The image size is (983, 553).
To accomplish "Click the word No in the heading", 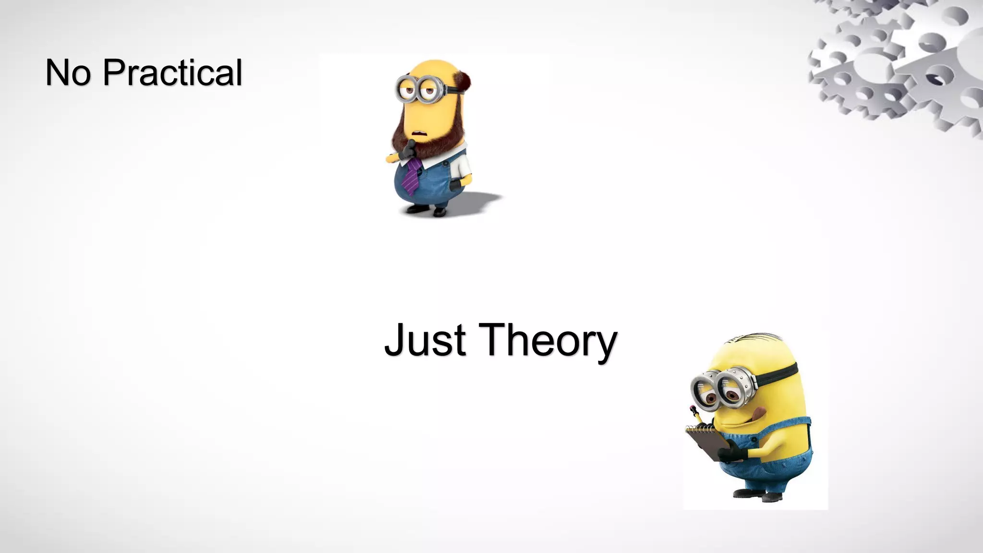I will click(x=67, y=73).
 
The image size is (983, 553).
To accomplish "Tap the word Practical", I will click(x=172, y=73).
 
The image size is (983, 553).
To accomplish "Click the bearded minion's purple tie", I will click(x=412, y=176).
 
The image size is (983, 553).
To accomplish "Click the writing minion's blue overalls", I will click(x=787, y=461).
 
